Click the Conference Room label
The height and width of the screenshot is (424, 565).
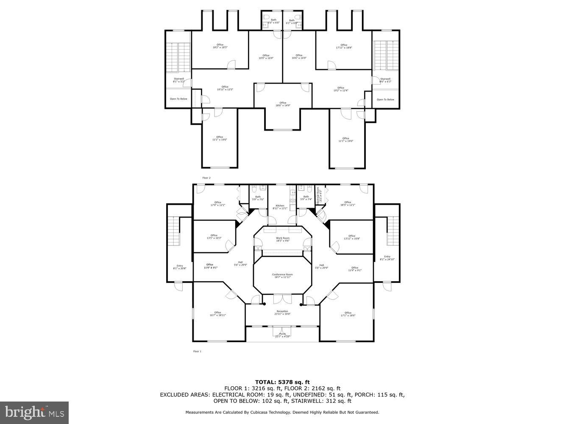[x=282, y=276]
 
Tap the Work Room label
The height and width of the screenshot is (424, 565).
[x=283, y=240]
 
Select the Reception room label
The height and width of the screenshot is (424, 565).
[x=282, y=312]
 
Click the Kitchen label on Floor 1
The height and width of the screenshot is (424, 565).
[x=280, y=207]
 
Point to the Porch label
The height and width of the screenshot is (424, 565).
[x=282, y=335]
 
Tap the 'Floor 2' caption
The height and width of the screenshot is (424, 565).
[x=206, y=178]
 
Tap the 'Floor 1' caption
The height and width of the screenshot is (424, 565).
[x=197, y=351]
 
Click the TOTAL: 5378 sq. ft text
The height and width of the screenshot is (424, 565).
[x=282, y=382]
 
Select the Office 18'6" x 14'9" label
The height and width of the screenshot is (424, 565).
[x=283, y=104]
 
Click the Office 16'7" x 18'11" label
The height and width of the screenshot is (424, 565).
[x=217, y=314]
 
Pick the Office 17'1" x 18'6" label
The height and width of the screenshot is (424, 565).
[x=348, y=314]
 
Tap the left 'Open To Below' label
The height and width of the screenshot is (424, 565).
[x=178, y=99]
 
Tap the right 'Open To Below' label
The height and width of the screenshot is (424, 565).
[x=385, y=100]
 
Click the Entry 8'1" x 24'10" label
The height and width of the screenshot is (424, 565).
[x=387, y=258]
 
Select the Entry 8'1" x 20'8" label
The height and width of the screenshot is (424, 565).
[x=180, y=267]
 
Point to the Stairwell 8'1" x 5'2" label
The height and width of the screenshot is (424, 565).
[x=179, y=80]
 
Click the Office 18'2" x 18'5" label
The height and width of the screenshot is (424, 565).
[x=220, y=46]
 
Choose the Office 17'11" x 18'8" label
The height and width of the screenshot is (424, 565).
[x=344, y=46]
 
